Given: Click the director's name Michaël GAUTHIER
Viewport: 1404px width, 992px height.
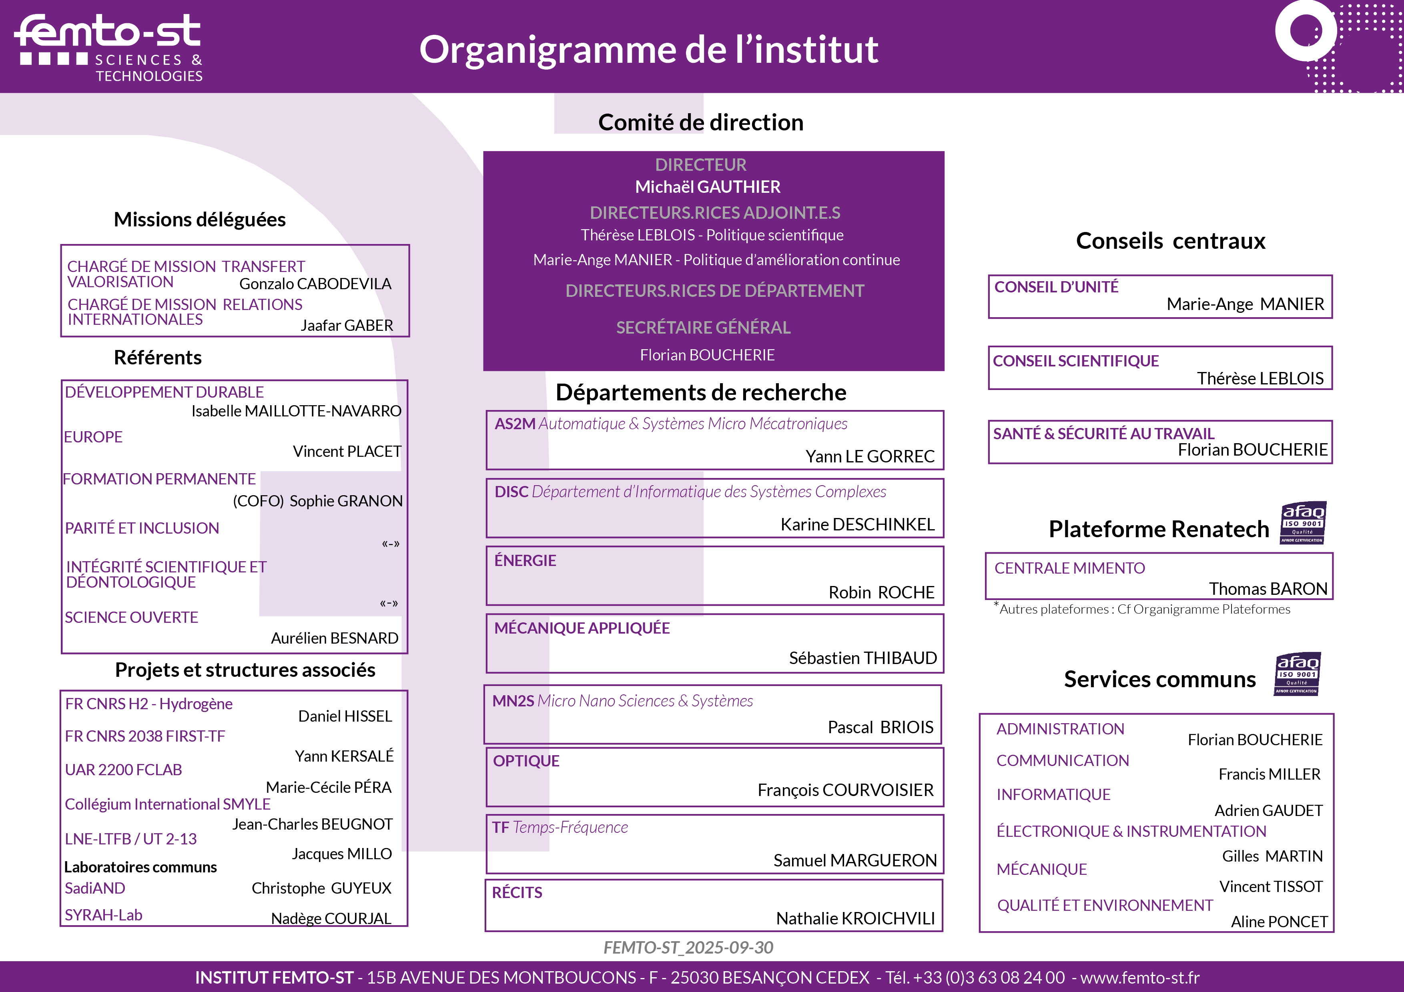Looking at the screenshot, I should [x=708, y=187].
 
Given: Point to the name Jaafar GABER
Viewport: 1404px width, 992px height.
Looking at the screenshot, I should [x=346, y=325].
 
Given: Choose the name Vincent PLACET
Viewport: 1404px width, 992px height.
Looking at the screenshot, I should [x=347, y=451].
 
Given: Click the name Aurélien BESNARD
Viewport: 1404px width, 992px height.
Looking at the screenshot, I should [x=335, y=638].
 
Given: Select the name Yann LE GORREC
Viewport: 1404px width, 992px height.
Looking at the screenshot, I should [x=870, y=456].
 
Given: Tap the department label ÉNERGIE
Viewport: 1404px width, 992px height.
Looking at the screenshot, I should [x=525, y=560].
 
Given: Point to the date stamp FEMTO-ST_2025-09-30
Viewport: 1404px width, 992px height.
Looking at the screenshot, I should [x=688, y=947].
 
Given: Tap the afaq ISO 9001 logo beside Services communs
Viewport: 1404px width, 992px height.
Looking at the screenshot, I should [x=1297, y=674].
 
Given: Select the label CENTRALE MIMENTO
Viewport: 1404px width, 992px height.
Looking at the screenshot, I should [x=1069, y=568].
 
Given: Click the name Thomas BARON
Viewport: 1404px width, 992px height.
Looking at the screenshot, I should [x=1268, y=588].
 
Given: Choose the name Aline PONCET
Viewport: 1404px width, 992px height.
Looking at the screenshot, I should [x=1279, y=922].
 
